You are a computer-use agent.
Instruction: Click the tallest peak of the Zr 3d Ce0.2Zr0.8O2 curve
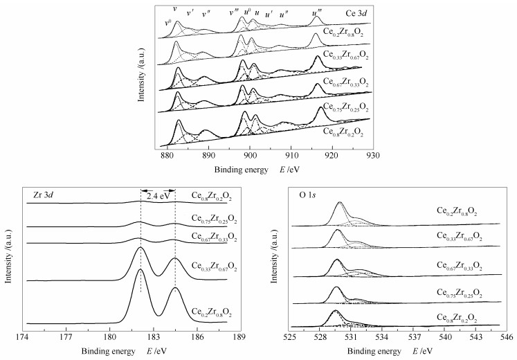140,269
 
